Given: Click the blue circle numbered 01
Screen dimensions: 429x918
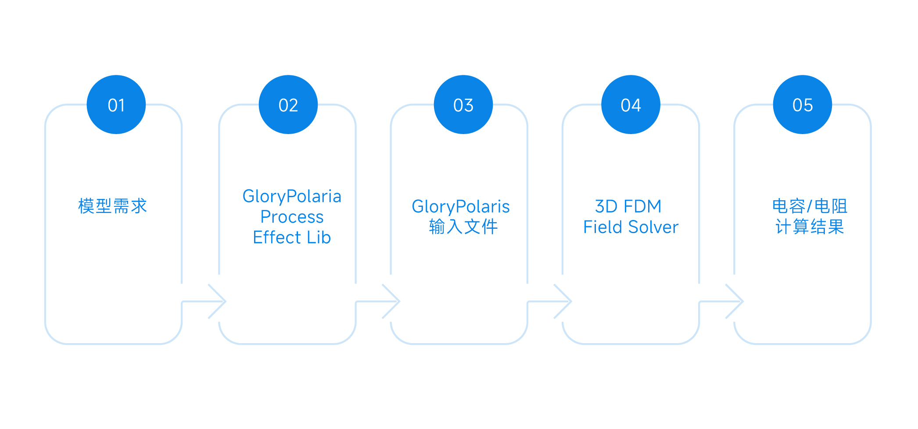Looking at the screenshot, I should click(x=116, y=105).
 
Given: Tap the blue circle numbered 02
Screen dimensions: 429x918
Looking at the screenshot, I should click(x=288, y=105).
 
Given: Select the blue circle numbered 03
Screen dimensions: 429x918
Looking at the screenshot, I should click(x=463, y=105).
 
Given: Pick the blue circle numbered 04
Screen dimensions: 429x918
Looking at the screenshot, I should click(x=631, y=105).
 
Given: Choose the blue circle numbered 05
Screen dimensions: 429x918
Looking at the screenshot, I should click(x=803, y=105).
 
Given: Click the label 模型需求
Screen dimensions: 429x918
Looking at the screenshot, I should click(x=113, y=206).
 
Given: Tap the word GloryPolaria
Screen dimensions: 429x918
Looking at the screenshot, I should click(x=292, y=196).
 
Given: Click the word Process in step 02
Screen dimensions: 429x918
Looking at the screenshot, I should click(x=292, y=217).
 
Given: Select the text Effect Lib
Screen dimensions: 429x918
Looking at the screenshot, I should click(x=292, y=238).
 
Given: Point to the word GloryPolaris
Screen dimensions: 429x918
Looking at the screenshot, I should click(x=461, y=206).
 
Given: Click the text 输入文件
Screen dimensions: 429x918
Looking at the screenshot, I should click(x=463, y=227).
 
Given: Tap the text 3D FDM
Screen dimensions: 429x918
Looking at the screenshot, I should click(x=628, y=206).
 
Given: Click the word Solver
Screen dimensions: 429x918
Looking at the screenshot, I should click(x=653, y=227).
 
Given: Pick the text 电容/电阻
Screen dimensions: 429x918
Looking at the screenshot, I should click(x=810, y=206).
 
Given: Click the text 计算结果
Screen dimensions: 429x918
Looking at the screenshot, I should click(x=810, y=227).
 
